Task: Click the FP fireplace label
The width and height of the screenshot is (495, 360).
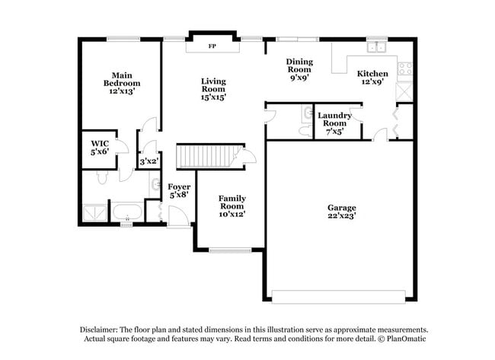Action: [212, 46]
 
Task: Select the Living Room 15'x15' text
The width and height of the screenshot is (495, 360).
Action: [213, 88]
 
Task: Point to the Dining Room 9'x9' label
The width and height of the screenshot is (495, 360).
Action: [299, 68]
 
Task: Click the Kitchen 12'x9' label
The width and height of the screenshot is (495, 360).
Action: [373, 78]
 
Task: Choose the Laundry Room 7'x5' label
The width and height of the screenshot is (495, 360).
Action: [335, 123]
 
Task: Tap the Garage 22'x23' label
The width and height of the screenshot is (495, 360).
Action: [342, 211]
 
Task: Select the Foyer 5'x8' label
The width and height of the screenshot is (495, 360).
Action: [179, 190]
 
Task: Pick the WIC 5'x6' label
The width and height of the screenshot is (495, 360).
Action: [101, 148]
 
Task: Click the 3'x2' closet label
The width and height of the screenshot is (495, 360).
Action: [148, 161]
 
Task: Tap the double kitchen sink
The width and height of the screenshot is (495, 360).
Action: [376, 47]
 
